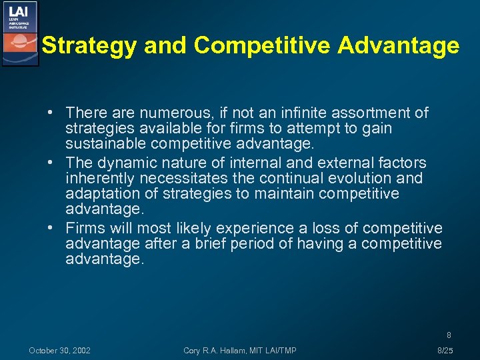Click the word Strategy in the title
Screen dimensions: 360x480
coord(84,45)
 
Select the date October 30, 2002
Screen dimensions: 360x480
coord(60,351)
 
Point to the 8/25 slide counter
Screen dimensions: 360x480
coord(445,351)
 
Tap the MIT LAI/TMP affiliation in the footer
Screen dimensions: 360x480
coord(273,351)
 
